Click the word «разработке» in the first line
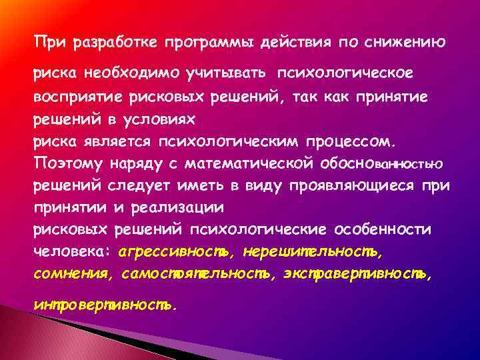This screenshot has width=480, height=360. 110,43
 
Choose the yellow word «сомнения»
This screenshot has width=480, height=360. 68,273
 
